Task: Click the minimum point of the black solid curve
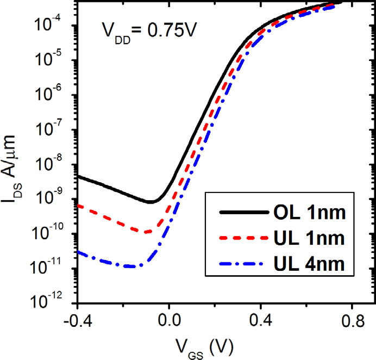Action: click(152, 202)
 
